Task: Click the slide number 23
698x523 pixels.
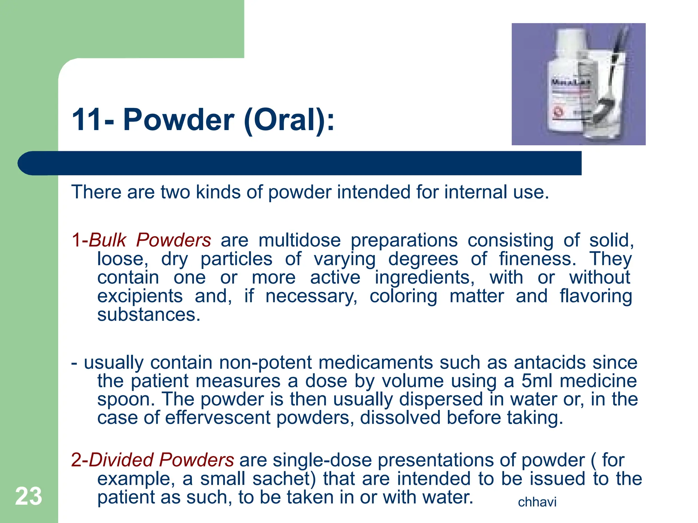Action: click(29, 496)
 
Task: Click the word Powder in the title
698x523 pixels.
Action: click(178, 120)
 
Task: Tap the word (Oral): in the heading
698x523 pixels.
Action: click(289, 120)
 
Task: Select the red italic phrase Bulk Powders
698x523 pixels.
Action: click(150, 240)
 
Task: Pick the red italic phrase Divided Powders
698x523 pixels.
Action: click(161, 460)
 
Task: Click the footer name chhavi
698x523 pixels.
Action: click(537, 502)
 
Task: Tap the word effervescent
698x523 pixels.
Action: click(218, 418)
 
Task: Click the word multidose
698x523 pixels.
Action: click(300, 240)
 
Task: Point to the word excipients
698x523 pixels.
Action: click(140, 296)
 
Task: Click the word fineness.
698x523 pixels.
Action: click(537, 259)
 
